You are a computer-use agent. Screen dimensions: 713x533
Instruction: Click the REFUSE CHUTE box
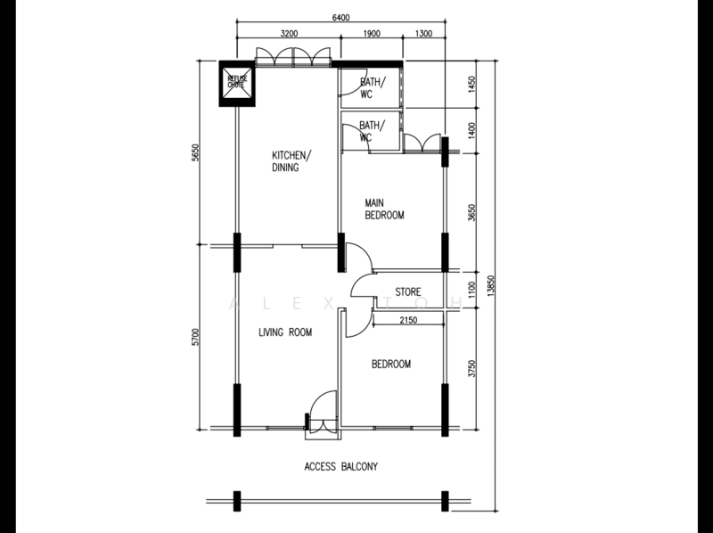point(237,84)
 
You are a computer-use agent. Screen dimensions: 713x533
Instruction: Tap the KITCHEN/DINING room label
point(292,161)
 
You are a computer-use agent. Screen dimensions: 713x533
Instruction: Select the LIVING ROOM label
point(285,332)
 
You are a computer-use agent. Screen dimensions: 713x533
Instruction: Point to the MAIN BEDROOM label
point(384,209)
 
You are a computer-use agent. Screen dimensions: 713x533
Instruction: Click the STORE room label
point(408,292)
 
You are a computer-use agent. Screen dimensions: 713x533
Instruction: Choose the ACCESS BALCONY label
point(341,467)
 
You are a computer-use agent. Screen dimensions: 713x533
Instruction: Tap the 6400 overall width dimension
point(341,18)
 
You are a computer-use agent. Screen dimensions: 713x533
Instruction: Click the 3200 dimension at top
point(289,33)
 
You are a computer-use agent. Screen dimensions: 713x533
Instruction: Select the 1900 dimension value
point(372,33)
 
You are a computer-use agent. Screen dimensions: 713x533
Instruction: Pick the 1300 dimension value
point(424,33)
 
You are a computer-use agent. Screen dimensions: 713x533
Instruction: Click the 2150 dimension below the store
point(408,320)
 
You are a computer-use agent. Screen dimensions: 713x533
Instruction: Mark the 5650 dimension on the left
point(195,152)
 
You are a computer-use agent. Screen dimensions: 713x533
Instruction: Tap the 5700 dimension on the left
point(195,337)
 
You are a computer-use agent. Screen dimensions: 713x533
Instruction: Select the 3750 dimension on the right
point(471,368)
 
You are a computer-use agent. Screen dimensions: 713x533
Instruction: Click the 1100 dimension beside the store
point(471,290)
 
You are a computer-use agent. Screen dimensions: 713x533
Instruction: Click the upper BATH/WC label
point(373,88)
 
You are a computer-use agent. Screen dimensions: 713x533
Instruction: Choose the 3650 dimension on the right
point(471,213)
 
